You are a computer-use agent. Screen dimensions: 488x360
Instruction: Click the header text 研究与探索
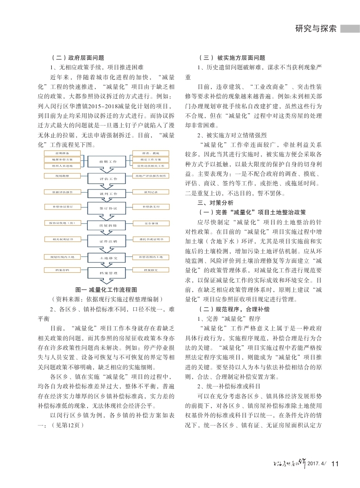pos(316,29)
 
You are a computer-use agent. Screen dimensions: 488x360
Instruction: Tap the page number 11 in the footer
pos(336,463)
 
